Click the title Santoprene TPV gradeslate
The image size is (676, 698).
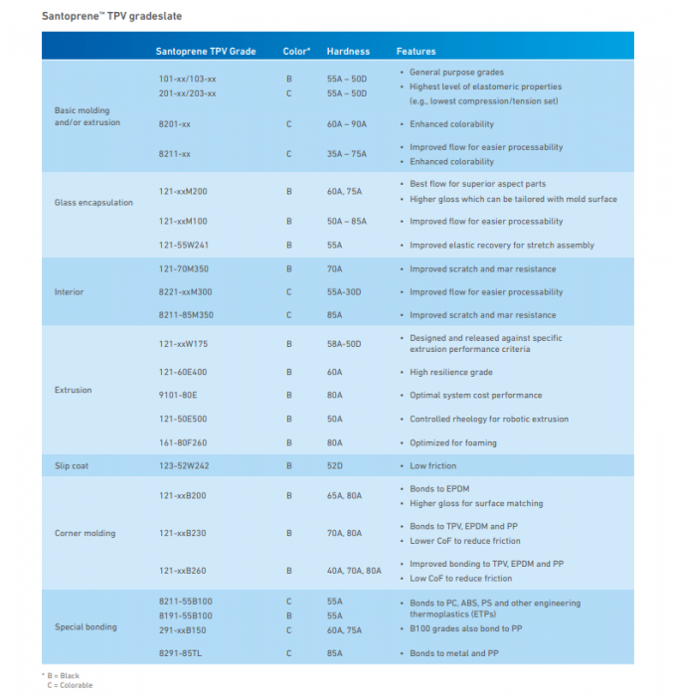pos(111,16)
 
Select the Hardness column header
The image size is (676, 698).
pos(348,51)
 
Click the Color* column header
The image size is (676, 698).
pos(296,51)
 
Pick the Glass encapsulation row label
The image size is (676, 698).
pos(93,203)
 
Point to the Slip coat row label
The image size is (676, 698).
pos(72,465)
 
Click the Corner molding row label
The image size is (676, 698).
pos(84,533)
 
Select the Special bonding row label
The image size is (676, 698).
pos(85,627)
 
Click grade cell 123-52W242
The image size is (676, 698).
pos(183,465)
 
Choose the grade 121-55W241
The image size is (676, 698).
pos(183,245)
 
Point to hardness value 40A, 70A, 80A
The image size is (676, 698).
pos(354,571)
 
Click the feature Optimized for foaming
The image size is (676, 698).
pos(453,442)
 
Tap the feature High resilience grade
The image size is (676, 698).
pos(451,372)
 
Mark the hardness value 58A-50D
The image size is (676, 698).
pos(344,343)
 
